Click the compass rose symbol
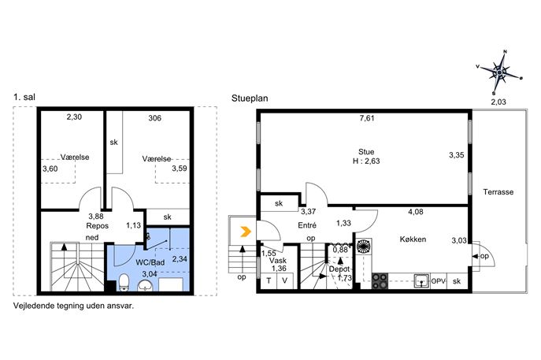499,72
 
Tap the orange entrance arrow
246,232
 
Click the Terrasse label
498,192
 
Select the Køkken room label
413,239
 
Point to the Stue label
366,152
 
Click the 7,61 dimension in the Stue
367,118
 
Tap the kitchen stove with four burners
380,281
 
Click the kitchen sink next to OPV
421,281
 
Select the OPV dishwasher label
438,281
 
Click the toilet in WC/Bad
124,282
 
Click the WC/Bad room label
150,262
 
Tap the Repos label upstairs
98,226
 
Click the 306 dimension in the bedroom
154,118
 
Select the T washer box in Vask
269,281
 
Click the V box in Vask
285,281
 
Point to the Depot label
339,269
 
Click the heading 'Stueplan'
250,98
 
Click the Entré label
307,225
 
